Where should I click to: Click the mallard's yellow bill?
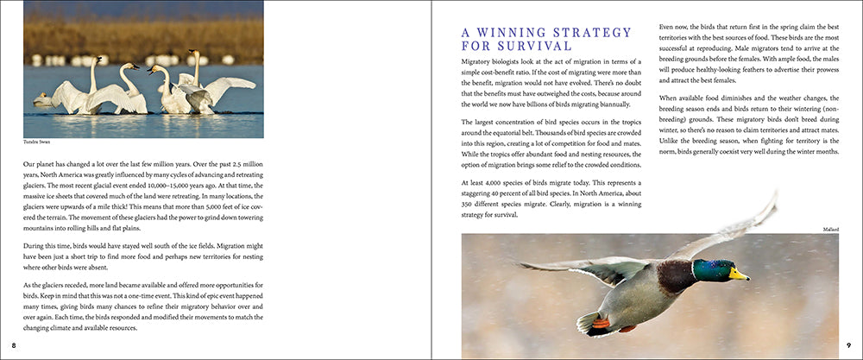(738, 275)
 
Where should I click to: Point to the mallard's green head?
(713, 270)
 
